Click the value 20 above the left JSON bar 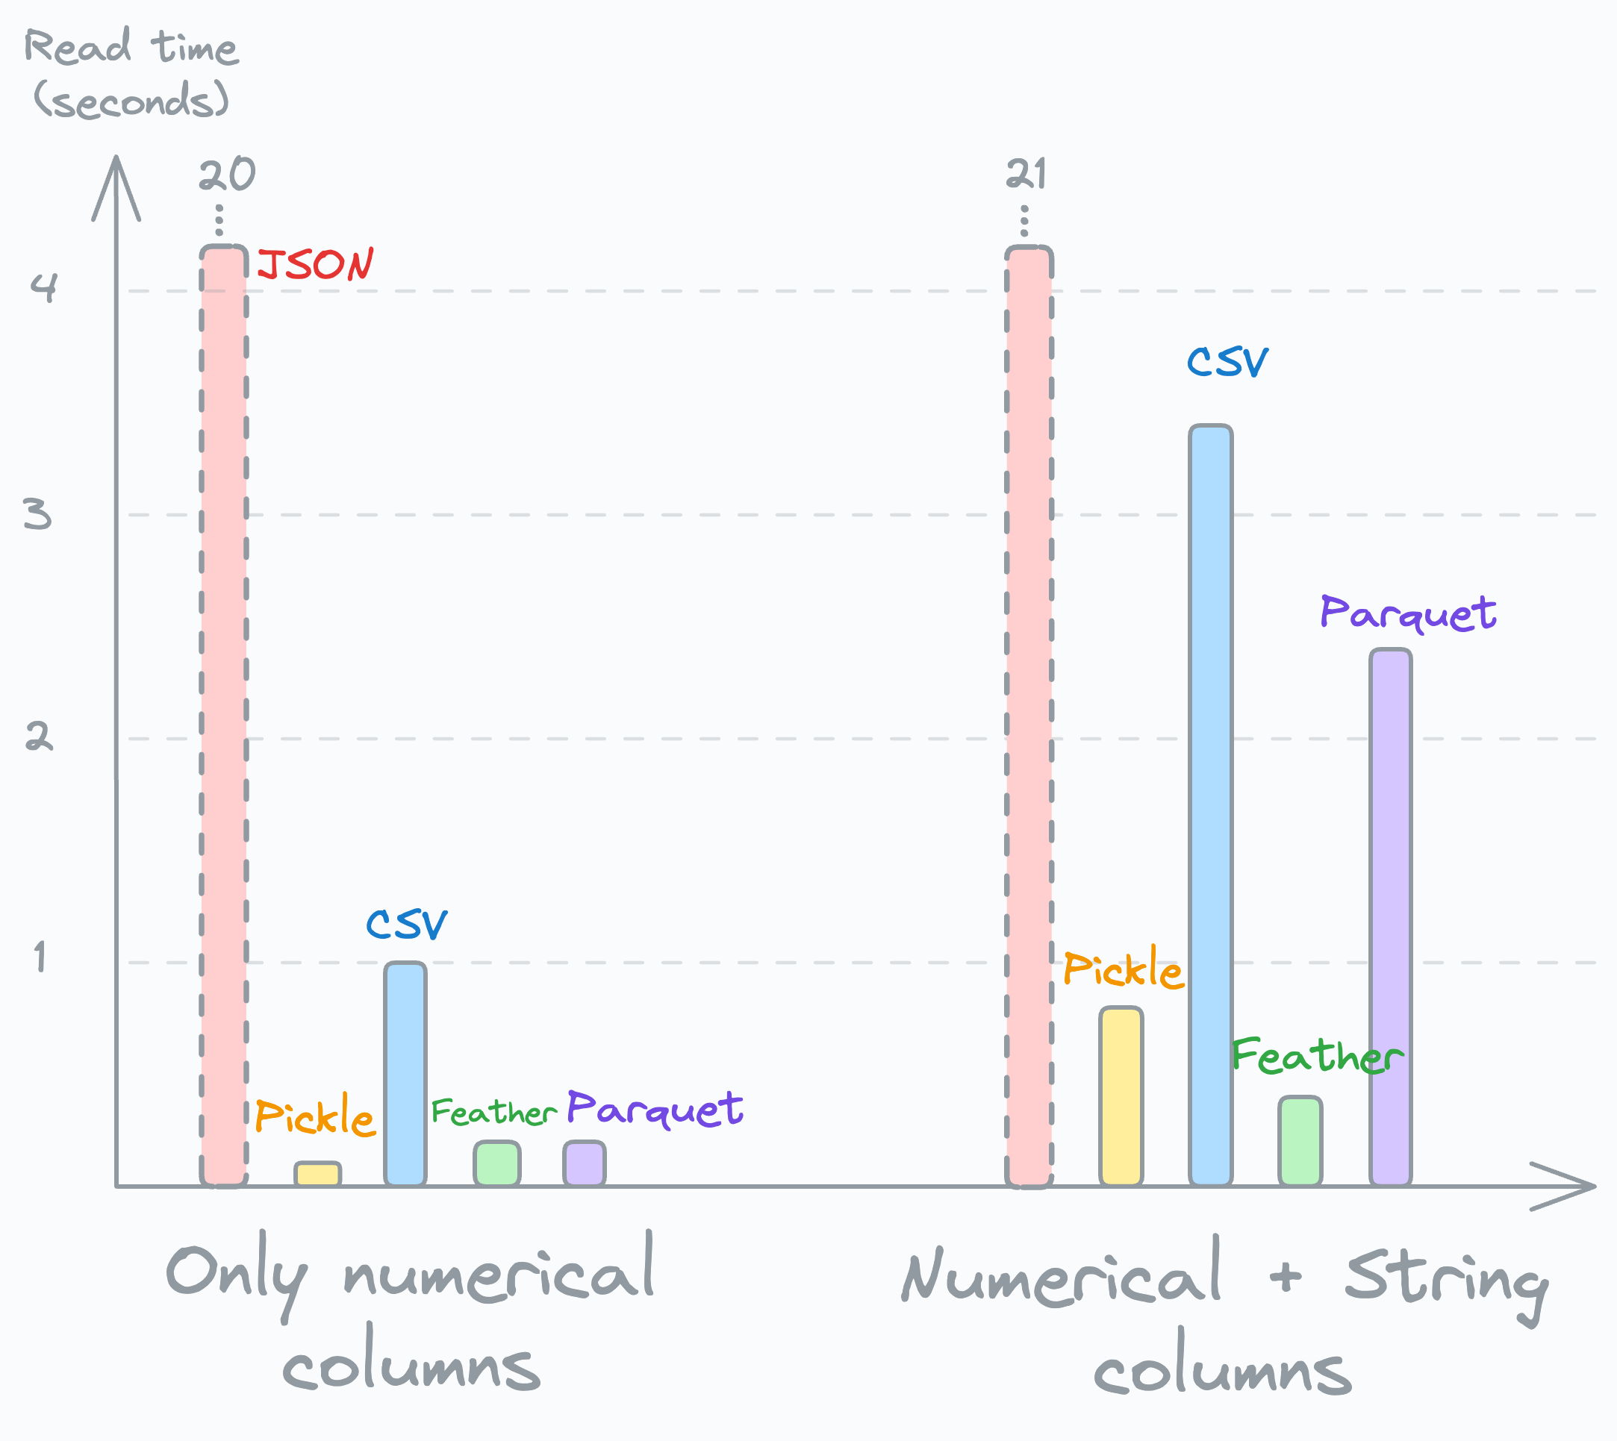tap(226, 175)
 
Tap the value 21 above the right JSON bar tap(1026, 175)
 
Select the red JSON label tap(316, 264)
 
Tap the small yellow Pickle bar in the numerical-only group tap(317, 1174)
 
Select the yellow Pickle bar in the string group tap(1121, 1096)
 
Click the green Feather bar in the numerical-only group tap(496, 1163)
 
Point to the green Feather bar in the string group tap(1300, 1141)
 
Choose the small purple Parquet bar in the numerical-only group tap(585, 1163)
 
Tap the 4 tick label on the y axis tap(43, 287)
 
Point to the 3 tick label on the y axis tap(37, 514)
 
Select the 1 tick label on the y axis tap(40, 957)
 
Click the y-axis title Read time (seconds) tap(131, 73)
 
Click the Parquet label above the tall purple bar tap(1407, 613)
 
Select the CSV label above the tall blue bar tap(1227, 363)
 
